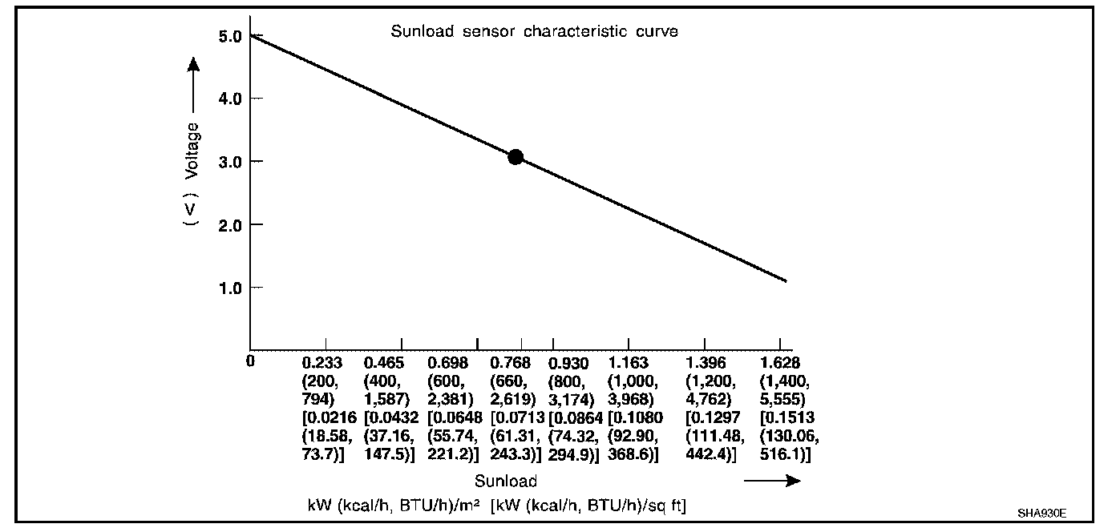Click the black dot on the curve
[516, 157]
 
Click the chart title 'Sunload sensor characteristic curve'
[534, 32]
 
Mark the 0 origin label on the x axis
[250, 361]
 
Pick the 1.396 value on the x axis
[707, 363]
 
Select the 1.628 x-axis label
[780, 363]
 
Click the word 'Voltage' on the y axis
[192, 150]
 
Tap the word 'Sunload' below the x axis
[505, 482]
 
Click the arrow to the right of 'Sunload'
[772, 481]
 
